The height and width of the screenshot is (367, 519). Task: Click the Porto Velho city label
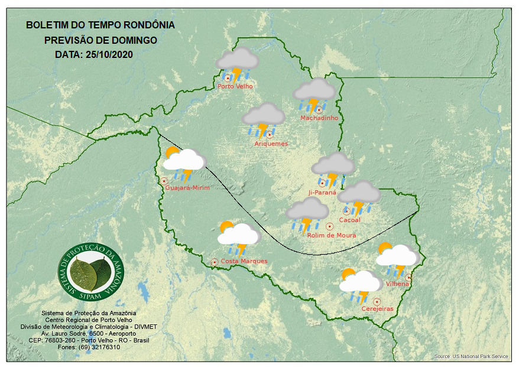235,86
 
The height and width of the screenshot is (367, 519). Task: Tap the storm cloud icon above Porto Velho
237,64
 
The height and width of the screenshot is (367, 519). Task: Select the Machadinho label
319,118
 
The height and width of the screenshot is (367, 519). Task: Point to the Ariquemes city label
271,144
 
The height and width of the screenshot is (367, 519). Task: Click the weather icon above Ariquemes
264,119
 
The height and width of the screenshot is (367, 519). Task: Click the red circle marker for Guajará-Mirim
164,181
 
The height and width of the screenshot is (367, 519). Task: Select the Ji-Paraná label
322,193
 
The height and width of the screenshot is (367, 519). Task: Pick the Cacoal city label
349,220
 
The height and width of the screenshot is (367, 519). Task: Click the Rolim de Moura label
332,235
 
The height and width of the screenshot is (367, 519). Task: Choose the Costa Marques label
244,261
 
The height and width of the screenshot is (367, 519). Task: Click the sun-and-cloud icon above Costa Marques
238,237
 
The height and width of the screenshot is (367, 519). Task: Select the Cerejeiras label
377,308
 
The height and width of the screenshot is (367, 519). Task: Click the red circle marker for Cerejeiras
377,301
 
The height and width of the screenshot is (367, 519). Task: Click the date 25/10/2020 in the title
109,54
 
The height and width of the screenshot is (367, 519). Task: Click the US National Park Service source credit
471,356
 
